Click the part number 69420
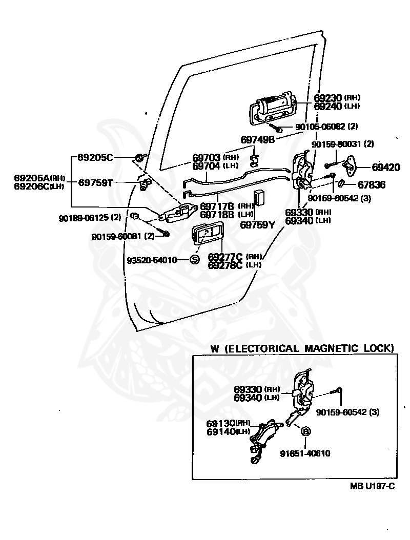tap(386, 168)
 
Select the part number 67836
tap(372, 185)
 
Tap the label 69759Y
tap(257, 225)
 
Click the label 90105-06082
tap(320, 127)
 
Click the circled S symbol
tap(195, 260)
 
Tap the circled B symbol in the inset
tap(305, 431)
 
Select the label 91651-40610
tap(305, 453)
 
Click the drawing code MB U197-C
tap(373, 486)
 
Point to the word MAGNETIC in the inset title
tap(332, 348)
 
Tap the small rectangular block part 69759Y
tap(259, 198)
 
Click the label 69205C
tap(95, 157)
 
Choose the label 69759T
tap(95, 182)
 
